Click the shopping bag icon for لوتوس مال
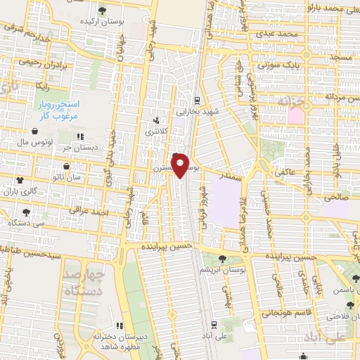click(34, 130)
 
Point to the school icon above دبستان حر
click(80, 136)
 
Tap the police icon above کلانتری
click(156, 120)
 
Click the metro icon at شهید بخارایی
click(198, 100)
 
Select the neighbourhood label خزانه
click(293, 101)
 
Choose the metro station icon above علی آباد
click(214, 325)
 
